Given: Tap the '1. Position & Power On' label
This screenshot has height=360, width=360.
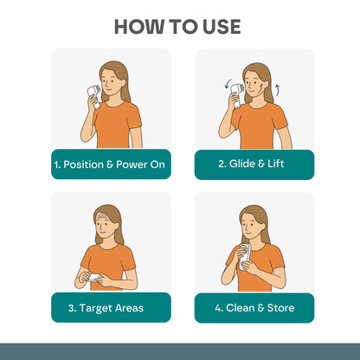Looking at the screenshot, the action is pos(110,164).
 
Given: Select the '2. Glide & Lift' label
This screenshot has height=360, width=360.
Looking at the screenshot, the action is pos(251,164).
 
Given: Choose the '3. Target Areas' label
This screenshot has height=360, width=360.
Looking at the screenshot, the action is pos(106,308).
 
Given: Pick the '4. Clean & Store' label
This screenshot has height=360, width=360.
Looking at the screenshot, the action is pos(254,308).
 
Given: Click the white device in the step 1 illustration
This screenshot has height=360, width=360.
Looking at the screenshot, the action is pos(94,95).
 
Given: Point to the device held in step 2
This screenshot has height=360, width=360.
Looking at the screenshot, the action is pos(237,95).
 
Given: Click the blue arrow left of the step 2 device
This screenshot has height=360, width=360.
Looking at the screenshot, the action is pos(228,84).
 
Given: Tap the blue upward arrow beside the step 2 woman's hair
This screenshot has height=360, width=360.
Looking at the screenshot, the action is pos(278,89).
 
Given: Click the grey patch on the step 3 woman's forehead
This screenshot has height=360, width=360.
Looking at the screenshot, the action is pos(102,215).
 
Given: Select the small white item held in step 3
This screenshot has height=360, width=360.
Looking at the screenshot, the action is pos(94,278).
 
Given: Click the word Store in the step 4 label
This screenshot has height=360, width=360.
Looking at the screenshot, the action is pos(281,308).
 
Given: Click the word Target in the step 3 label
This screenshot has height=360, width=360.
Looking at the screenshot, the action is pos(95,309).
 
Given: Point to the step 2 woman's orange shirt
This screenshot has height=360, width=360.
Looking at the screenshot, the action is pos(259,126).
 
